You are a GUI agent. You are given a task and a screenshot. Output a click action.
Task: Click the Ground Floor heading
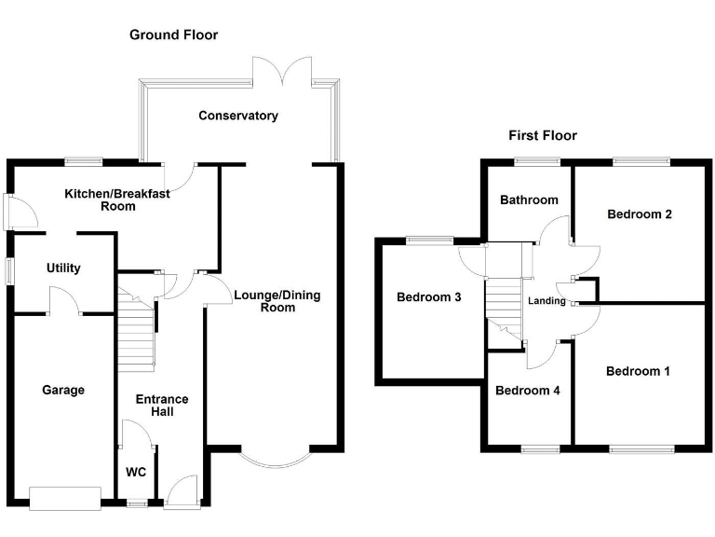(x=173, y=35)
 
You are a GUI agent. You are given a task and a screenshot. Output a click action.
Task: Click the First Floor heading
(x=542, y=135)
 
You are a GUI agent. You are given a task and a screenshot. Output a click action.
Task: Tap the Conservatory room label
(x=238, y=116)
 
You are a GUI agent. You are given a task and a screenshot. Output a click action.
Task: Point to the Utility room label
(x=63, y=268)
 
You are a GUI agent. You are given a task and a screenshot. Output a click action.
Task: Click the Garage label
(x=63, y=390)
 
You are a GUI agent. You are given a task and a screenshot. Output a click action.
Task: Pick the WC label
(x=136, y=472)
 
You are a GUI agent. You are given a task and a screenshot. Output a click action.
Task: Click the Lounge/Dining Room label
(x=277, y=301)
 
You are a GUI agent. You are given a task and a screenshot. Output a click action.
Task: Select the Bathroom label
(x=529, y=200)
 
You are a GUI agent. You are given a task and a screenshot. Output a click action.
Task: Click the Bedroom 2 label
(x=640, y=213)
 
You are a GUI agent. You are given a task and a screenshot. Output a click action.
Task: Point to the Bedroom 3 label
(x=429, y=298)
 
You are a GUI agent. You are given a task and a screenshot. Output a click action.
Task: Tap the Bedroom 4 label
(x=528, y=390)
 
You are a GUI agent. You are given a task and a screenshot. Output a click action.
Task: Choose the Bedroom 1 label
(x=638, y=371)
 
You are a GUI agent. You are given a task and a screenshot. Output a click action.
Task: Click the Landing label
(x=546, y=301)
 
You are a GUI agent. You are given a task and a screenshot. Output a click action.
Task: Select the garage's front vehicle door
(x=64, y=498)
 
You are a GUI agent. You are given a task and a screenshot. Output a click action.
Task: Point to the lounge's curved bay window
(x=279, y=457)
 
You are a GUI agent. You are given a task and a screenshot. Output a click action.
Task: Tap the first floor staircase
(x=503, y=308)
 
